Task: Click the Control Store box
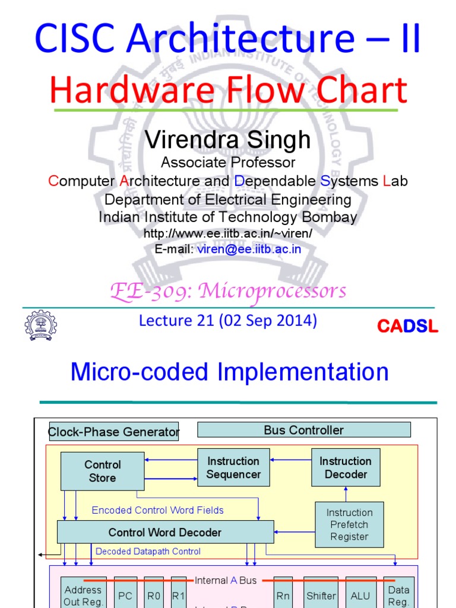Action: [102, 471]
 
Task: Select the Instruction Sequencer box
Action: [233, 467]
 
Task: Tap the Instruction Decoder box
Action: [346, 467]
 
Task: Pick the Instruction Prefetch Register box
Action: [349, 524]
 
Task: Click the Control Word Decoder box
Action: [165, 532]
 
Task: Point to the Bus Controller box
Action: [303, 430]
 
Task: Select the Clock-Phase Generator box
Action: [113, 432]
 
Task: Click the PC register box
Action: [125, 596]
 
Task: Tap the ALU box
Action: [360, 596]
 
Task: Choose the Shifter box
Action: [321, 596]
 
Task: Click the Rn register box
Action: [283, 596]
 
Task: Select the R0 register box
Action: [154, 596]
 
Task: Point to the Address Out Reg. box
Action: [83, 595]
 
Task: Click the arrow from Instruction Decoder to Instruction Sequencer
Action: [290, 458]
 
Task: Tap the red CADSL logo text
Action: [407, 326]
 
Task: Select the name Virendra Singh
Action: [228, 140]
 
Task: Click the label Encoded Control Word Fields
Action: [157, 510]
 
